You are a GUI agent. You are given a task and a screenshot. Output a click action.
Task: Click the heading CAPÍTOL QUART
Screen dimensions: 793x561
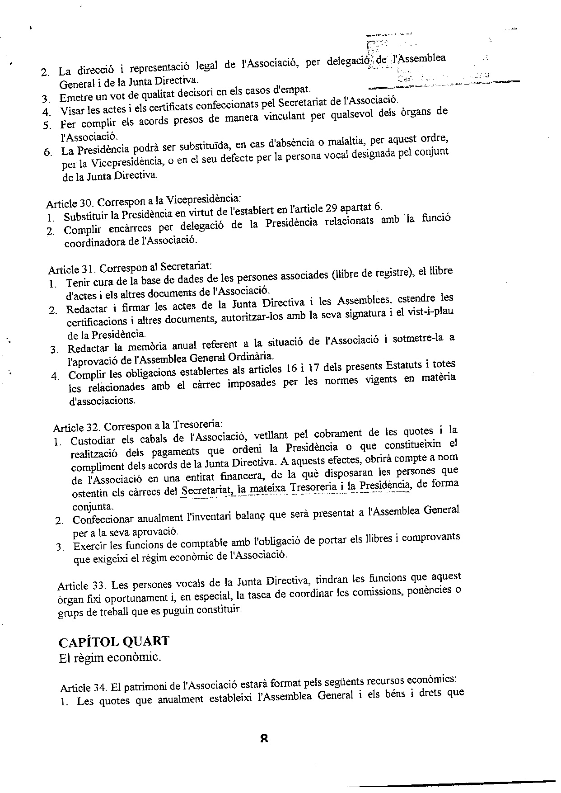(114, 641)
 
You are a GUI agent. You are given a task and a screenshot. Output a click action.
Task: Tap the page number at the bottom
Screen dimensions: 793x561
(265, 738)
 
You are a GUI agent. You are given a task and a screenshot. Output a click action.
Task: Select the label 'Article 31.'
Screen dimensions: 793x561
(72, 269)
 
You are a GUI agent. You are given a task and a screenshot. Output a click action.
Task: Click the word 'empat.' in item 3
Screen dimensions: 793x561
(296, 91)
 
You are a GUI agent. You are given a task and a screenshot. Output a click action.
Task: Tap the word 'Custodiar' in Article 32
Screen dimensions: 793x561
(92, 441)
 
